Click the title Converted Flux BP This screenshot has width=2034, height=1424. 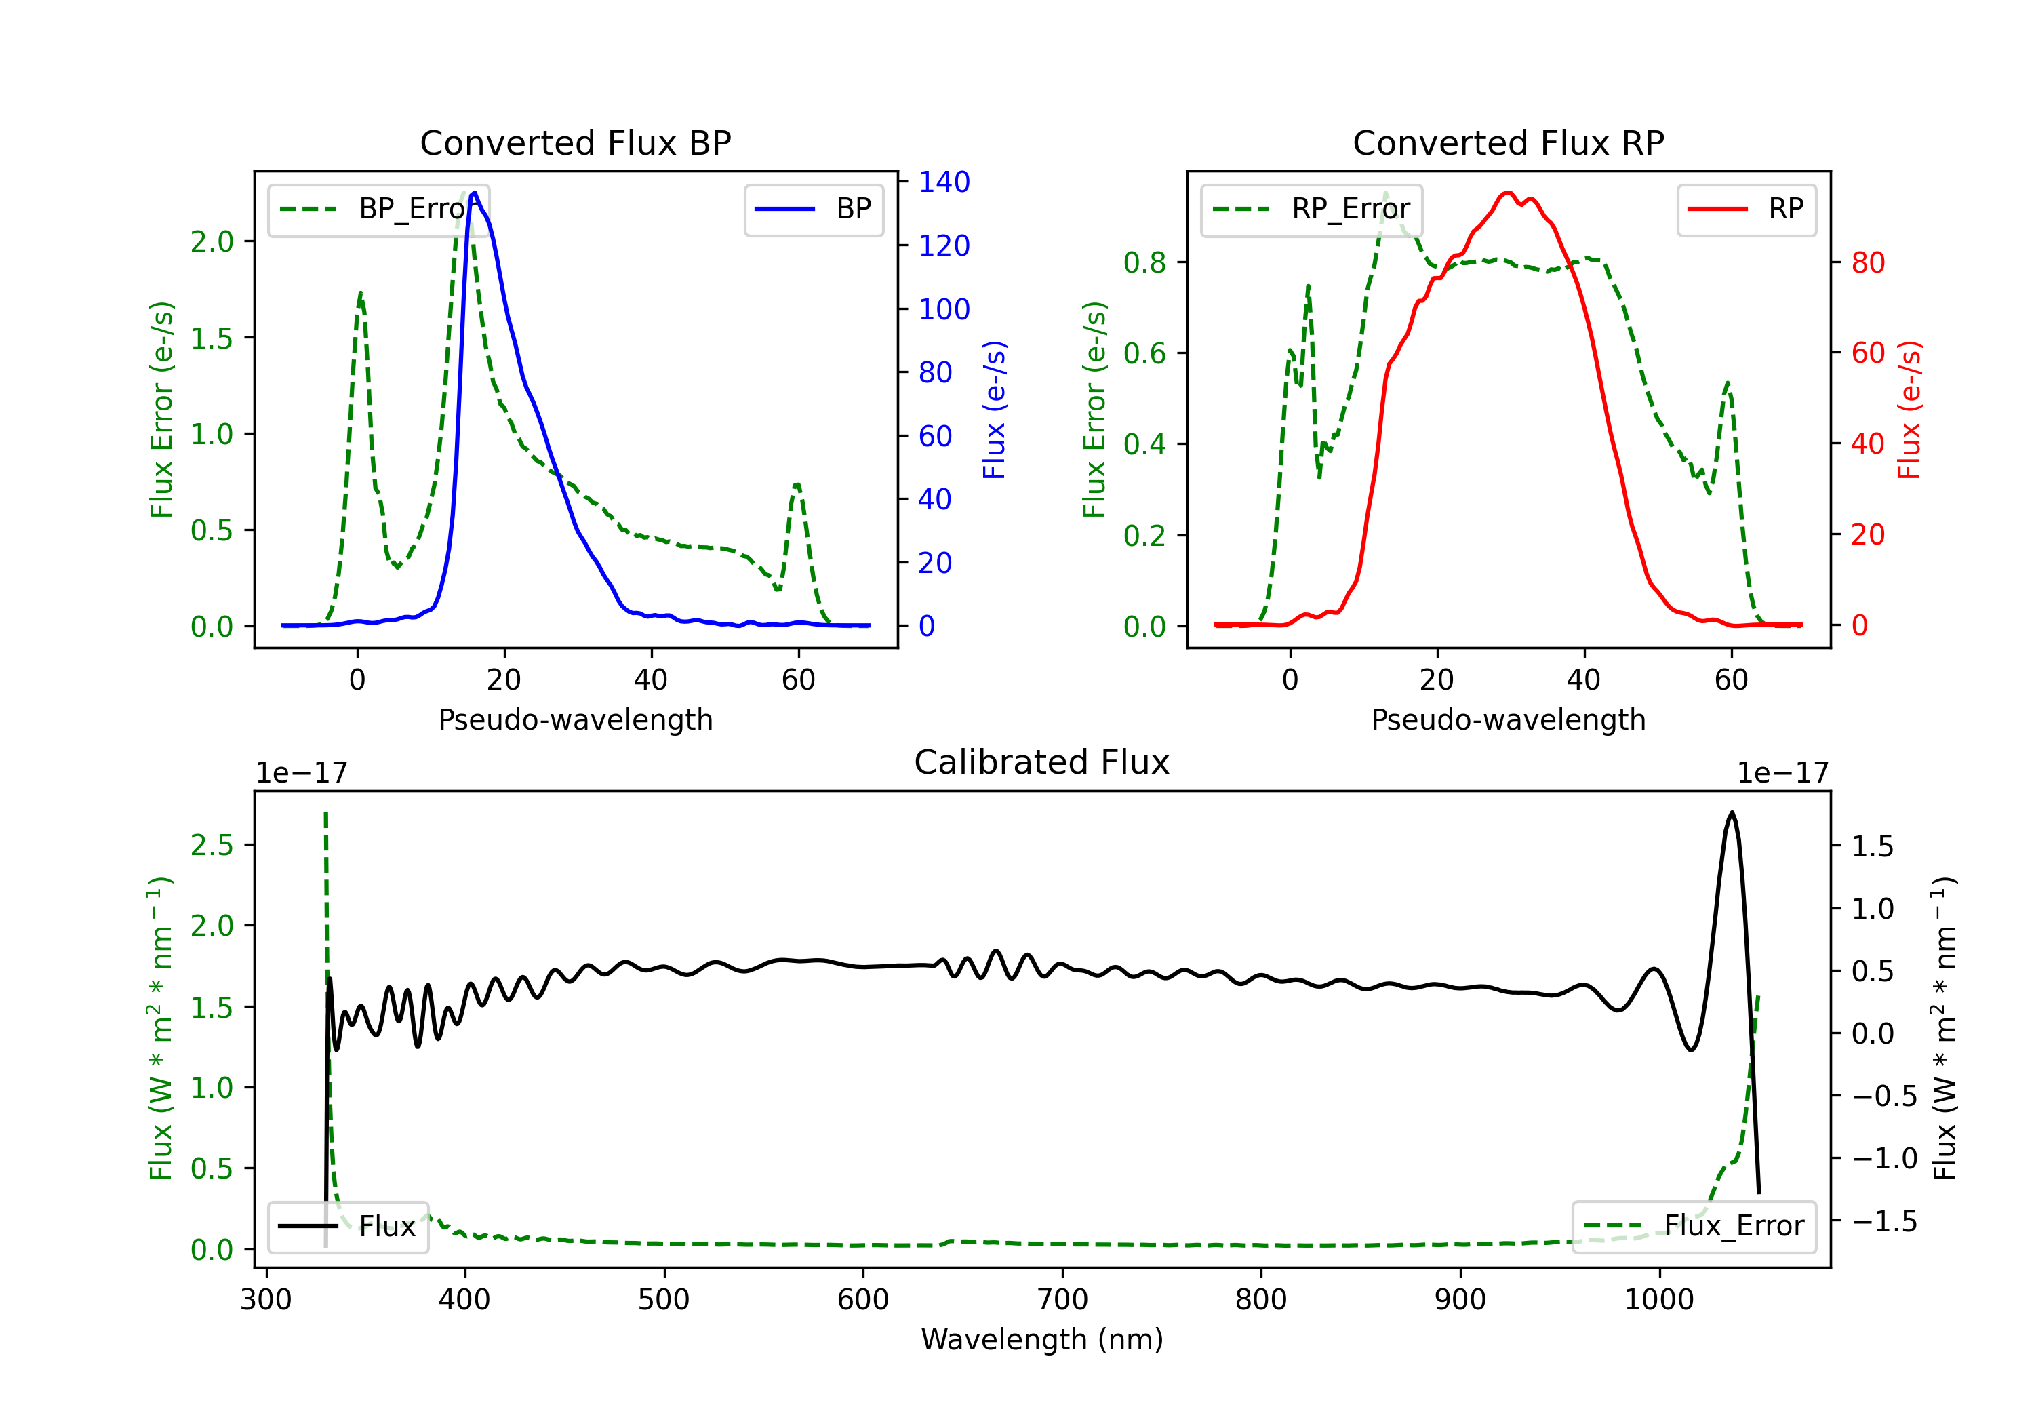click(575, 142)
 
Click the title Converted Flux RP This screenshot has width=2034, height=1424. click(1508, 142)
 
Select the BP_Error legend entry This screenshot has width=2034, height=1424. click(378, 209)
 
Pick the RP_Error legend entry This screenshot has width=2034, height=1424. click(1311, 209)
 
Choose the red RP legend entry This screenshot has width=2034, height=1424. click(1746, 209)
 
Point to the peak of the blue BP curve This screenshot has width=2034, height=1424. click(475, 193)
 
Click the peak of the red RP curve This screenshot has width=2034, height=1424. click(1508, 193)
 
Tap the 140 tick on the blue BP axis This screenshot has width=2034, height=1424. click(944, 182)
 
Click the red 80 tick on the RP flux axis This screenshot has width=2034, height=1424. click(1867, 262)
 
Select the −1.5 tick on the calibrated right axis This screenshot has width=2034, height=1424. click(1883, 1222)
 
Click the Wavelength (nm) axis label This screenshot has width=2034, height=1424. click(1042, 1339)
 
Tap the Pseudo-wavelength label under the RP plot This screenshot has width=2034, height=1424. click(1508, 719)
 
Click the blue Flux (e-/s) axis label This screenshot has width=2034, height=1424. click(994, 410)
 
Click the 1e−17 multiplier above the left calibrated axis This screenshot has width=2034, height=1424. click(301, 773)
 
